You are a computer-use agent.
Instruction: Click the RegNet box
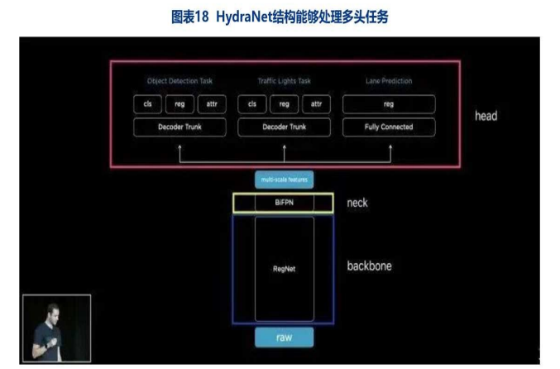[284, 268]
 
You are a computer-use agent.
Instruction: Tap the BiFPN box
[284, 202]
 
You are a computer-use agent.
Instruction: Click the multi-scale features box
[284, 179]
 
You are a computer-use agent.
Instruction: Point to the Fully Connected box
[389, 127]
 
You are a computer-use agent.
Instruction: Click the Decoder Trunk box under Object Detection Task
[179, 127]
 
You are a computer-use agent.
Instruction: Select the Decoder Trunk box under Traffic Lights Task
[284, 127]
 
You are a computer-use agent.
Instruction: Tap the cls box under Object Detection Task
[147, 104]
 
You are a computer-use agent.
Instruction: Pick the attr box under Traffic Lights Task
[316, 104]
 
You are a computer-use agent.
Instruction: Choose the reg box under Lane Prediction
[389, 104]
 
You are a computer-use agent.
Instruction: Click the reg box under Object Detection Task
[179, 104]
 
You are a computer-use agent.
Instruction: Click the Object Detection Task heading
[179, 81]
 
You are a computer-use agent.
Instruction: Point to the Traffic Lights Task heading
[284, 81]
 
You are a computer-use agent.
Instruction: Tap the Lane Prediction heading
[389, 81]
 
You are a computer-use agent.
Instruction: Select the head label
[486, 116]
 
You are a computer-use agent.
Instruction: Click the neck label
[357, 202]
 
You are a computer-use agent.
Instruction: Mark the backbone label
[369, 266]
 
